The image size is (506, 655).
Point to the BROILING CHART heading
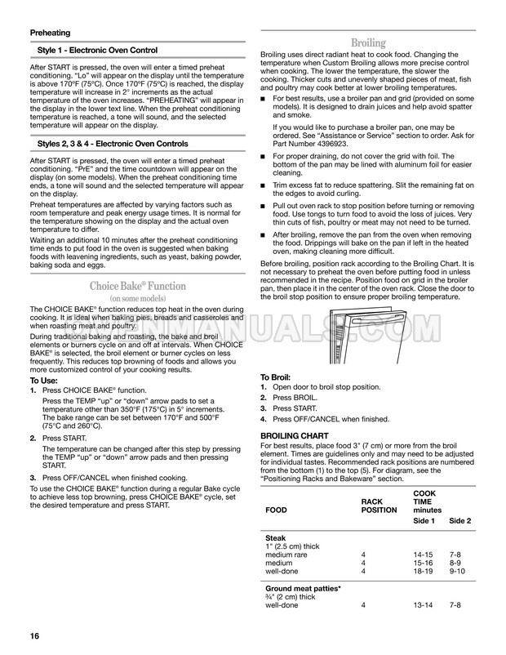click(295, 436)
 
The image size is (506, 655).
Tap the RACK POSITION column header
click(379, 506)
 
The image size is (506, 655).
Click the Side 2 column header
click(460, 519)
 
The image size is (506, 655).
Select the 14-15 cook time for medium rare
click(424, 555)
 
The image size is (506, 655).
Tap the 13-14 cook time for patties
click(424, 607)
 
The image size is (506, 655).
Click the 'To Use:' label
click(44, 381)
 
